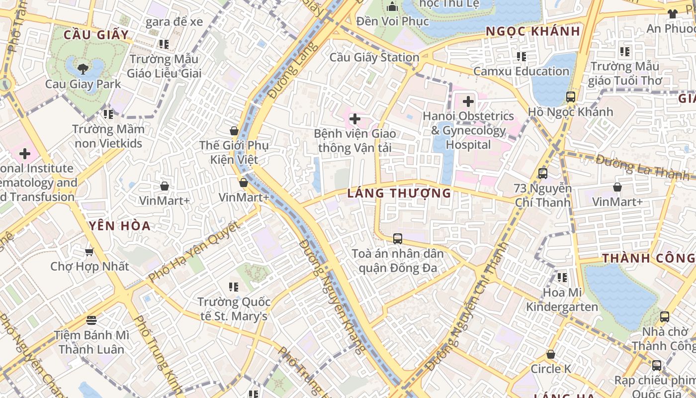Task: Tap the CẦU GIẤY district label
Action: tap(96, 35)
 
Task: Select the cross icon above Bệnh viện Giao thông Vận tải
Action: tap(355, 119)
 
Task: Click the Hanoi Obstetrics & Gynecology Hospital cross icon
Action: tap(468, 101)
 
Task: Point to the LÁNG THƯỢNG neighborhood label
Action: tap(399, 193)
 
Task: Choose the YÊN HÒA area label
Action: tap(120, 226)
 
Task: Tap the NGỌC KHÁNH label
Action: tap(533, 31)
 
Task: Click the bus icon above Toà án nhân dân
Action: tap(397, 238)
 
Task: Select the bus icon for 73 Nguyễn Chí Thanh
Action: tap(542, 174)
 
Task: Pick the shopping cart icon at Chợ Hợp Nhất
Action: tap(89, 252)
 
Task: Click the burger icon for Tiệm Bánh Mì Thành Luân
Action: tap(91, 320)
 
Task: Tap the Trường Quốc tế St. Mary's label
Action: tap(234, 309)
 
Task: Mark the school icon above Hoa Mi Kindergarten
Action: tap(562, 277)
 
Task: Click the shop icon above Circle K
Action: tap(550, 355)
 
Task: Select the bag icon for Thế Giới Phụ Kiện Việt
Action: tap(234, 131)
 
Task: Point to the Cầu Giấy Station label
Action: tap(374, 57)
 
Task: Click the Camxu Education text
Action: tap(521, 71)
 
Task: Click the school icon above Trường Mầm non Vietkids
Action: tap(108, 114)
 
